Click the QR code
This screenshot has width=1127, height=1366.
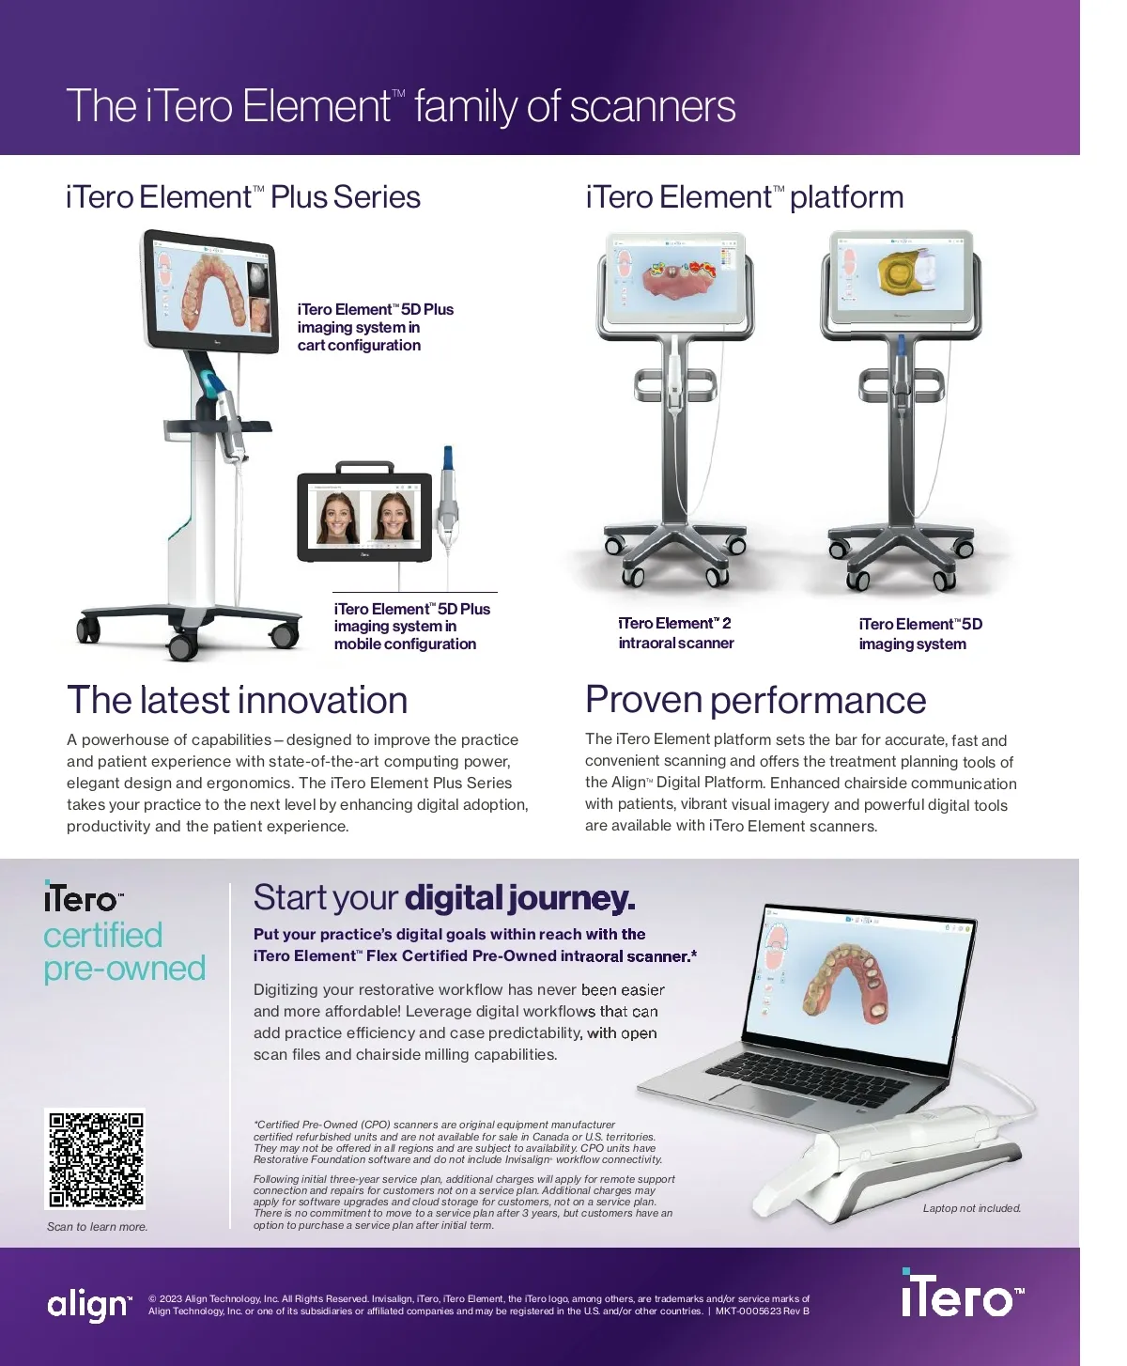coord(96,1159)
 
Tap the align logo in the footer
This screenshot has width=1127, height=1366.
coord(88,1304)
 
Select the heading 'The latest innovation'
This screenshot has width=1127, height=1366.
coord(237,701)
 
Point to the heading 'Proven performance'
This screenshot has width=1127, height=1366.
coord(755,701)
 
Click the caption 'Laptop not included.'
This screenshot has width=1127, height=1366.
coord(971,1208)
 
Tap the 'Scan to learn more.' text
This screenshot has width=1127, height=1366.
coord(97,1227)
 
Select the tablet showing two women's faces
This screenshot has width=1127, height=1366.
coord(364,517)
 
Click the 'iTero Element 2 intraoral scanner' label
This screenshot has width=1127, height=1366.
coord(676,633)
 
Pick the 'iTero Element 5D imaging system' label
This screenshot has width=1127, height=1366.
coord(919,634)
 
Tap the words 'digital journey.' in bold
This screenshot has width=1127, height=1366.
coord(519,899)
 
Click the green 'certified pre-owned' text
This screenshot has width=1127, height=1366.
coord(124,952)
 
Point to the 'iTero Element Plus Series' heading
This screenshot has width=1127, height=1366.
coord(242,198)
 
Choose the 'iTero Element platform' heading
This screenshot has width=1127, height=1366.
coord(744,198)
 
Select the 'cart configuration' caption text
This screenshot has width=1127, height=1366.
coord(359,346)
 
